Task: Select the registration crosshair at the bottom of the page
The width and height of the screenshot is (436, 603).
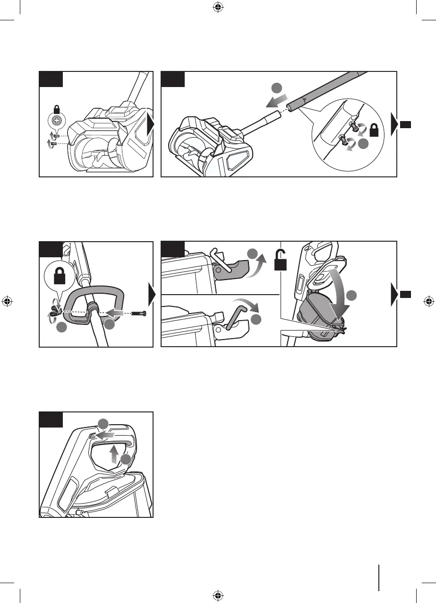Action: (217, 594)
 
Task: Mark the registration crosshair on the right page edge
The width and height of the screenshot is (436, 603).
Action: (428, 301)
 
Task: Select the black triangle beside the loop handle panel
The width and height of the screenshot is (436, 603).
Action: (151, 296)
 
